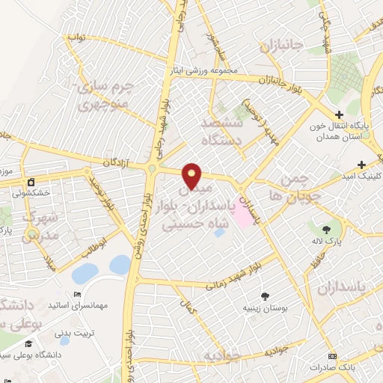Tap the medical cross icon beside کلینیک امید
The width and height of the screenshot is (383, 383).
click(362, 165)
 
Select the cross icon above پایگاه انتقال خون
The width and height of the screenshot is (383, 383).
click(340, 115)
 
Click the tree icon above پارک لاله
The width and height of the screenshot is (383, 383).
click(326, 230)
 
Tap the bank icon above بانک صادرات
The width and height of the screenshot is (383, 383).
click(332, 355)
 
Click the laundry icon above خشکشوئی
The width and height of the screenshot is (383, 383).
click(31, 182)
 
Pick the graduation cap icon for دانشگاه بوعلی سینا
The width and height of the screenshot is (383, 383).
click(28, 343)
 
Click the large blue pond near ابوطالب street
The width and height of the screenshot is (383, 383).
click(120, 264)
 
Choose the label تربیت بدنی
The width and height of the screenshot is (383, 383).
click(74, 327)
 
